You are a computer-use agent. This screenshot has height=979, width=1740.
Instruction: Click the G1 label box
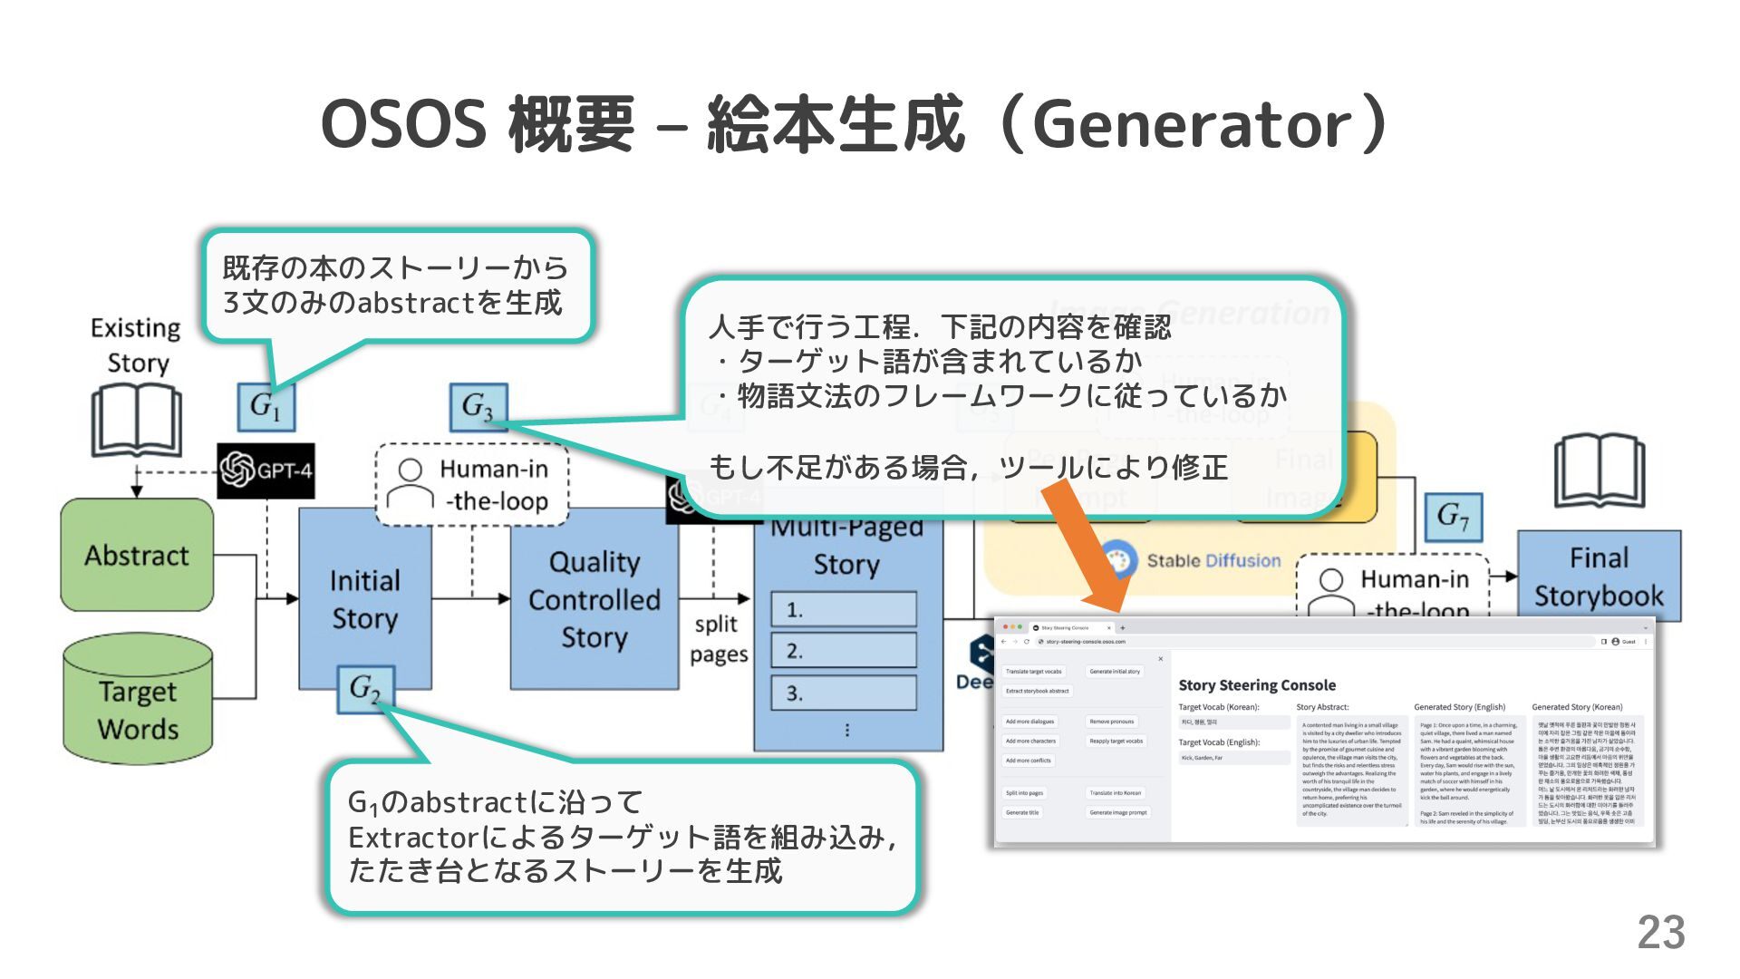[266, 406]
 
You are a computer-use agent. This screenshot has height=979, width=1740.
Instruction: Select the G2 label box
[365, 689]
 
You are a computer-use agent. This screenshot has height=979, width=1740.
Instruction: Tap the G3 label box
[478, 407]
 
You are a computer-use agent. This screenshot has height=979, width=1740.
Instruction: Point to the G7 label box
[1453, 518]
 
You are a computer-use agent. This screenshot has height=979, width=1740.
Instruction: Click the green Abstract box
[137, 555]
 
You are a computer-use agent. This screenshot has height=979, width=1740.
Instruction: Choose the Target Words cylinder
[138, 700]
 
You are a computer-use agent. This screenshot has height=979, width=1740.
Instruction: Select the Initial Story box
[364, 599]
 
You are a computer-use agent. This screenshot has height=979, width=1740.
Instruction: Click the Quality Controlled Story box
[594, 599]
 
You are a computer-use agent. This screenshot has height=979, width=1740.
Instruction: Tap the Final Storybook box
[1599, 577]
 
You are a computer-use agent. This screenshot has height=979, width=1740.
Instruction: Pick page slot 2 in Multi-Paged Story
[844, 651]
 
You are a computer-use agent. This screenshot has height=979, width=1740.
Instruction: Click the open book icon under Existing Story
[137, 422]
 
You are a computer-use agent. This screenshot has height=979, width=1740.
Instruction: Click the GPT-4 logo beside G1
[266, 470]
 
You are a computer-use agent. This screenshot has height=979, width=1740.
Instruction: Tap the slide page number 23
[1660, 933]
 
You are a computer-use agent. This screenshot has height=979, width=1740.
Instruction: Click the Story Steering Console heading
[1256, 685]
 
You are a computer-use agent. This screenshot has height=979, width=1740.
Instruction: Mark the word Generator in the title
[1192, 125]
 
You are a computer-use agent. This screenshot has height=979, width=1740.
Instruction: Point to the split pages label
[718, 639]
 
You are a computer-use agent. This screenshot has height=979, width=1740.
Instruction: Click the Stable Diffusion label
[1213, 561]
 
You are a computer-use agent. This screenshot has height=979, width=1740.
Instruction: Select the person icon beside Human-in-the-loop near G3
[410, 483]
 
